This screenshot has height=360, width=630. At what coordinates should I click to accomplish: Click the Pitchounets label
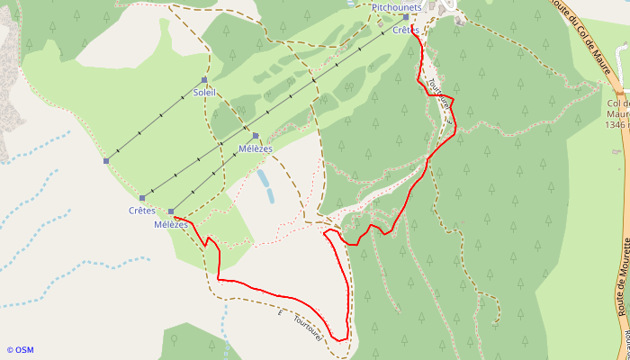[397, 6]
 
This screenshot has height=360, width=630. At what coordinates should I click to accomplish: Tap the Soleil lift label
[204, 92]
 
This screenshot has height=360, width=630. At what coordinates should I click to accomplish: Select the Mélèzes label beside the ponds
[255, 148]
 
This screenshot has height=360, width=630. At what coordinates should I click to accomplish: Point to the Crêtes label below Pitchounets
[407, 30]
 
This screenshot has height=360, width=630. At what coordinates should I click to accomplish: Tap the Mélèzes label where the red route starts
[170, 224]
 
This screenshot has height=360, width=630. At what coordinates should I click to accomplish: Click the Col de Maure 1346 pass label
[617, 114]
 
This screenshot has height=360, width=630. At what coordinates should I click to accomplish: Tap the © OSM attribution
[20, 350]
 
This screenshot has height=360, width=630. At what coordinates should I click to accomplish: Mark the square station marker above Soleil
[204, 80]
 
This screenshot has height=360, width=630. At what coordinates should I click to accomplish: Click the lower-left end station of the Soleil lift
[106, 161]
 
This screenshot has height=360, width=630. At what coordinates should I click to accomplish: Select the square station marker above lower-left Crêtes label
[142, 198]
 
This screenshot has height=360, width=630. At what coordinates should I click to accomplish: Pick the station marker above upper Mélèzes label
[256, 136]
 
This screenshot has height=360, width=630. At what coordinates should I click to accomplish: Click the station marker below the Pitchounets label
[406, 16]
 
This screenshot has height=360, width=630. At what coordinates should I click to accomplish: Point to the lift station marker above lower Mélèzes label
[171, 211]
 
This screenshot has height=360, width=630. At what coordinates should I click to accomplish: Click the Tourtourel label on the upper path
[438, 94]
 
